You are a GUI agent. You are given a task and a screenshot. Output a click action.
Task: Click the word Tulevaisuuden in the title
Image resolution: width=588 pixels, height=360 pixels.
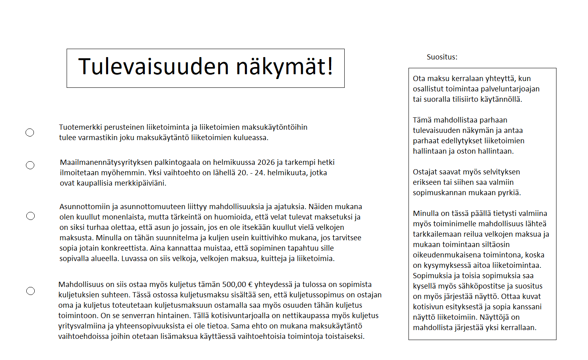tap(154, 67)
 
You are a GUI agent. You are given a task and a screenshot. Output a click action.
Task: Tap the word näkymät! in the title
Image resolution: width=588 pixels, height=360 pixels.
tap(285, 67)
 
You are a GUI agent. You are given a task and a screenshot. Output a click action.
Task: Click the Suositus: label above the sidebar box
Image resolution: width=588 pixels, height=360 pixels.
tap(442, 57)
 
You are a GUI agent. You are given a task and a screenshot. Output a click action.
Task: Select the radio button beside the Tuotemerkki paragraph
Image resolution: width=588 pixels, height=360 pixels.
tap(30, 133)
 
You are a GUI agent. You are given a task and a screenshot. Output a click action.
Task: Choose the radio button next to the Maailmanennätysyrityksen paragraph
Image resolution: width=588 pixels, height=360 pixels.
tap(30, 165)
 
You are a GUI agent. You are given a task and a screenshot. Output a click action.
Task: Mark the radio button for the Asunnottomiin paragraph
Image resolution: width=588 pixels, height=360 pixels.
tap(31, 216)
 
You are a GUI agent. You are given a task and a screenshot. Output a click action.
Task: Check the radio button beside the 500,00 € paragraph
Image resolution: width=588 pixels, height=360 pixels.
tap(31, 291)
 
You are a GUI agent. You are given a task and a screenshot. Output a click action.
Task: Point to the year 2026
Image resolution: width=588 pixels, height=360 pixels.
tap(266, 162)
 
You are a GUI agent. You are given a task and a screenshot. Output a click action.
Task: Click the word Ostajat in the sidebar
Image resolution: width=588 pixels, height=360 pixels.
tap(425, 172)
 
